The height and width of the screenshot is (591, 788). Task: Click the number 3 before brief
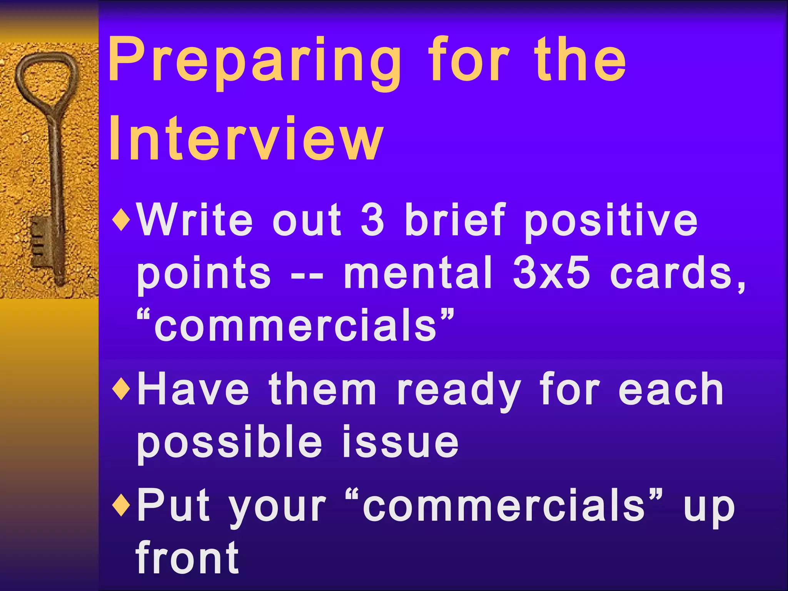(x=372, y=220)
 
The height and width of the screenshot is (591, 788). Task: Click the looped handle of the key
(x=46, y=77)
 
